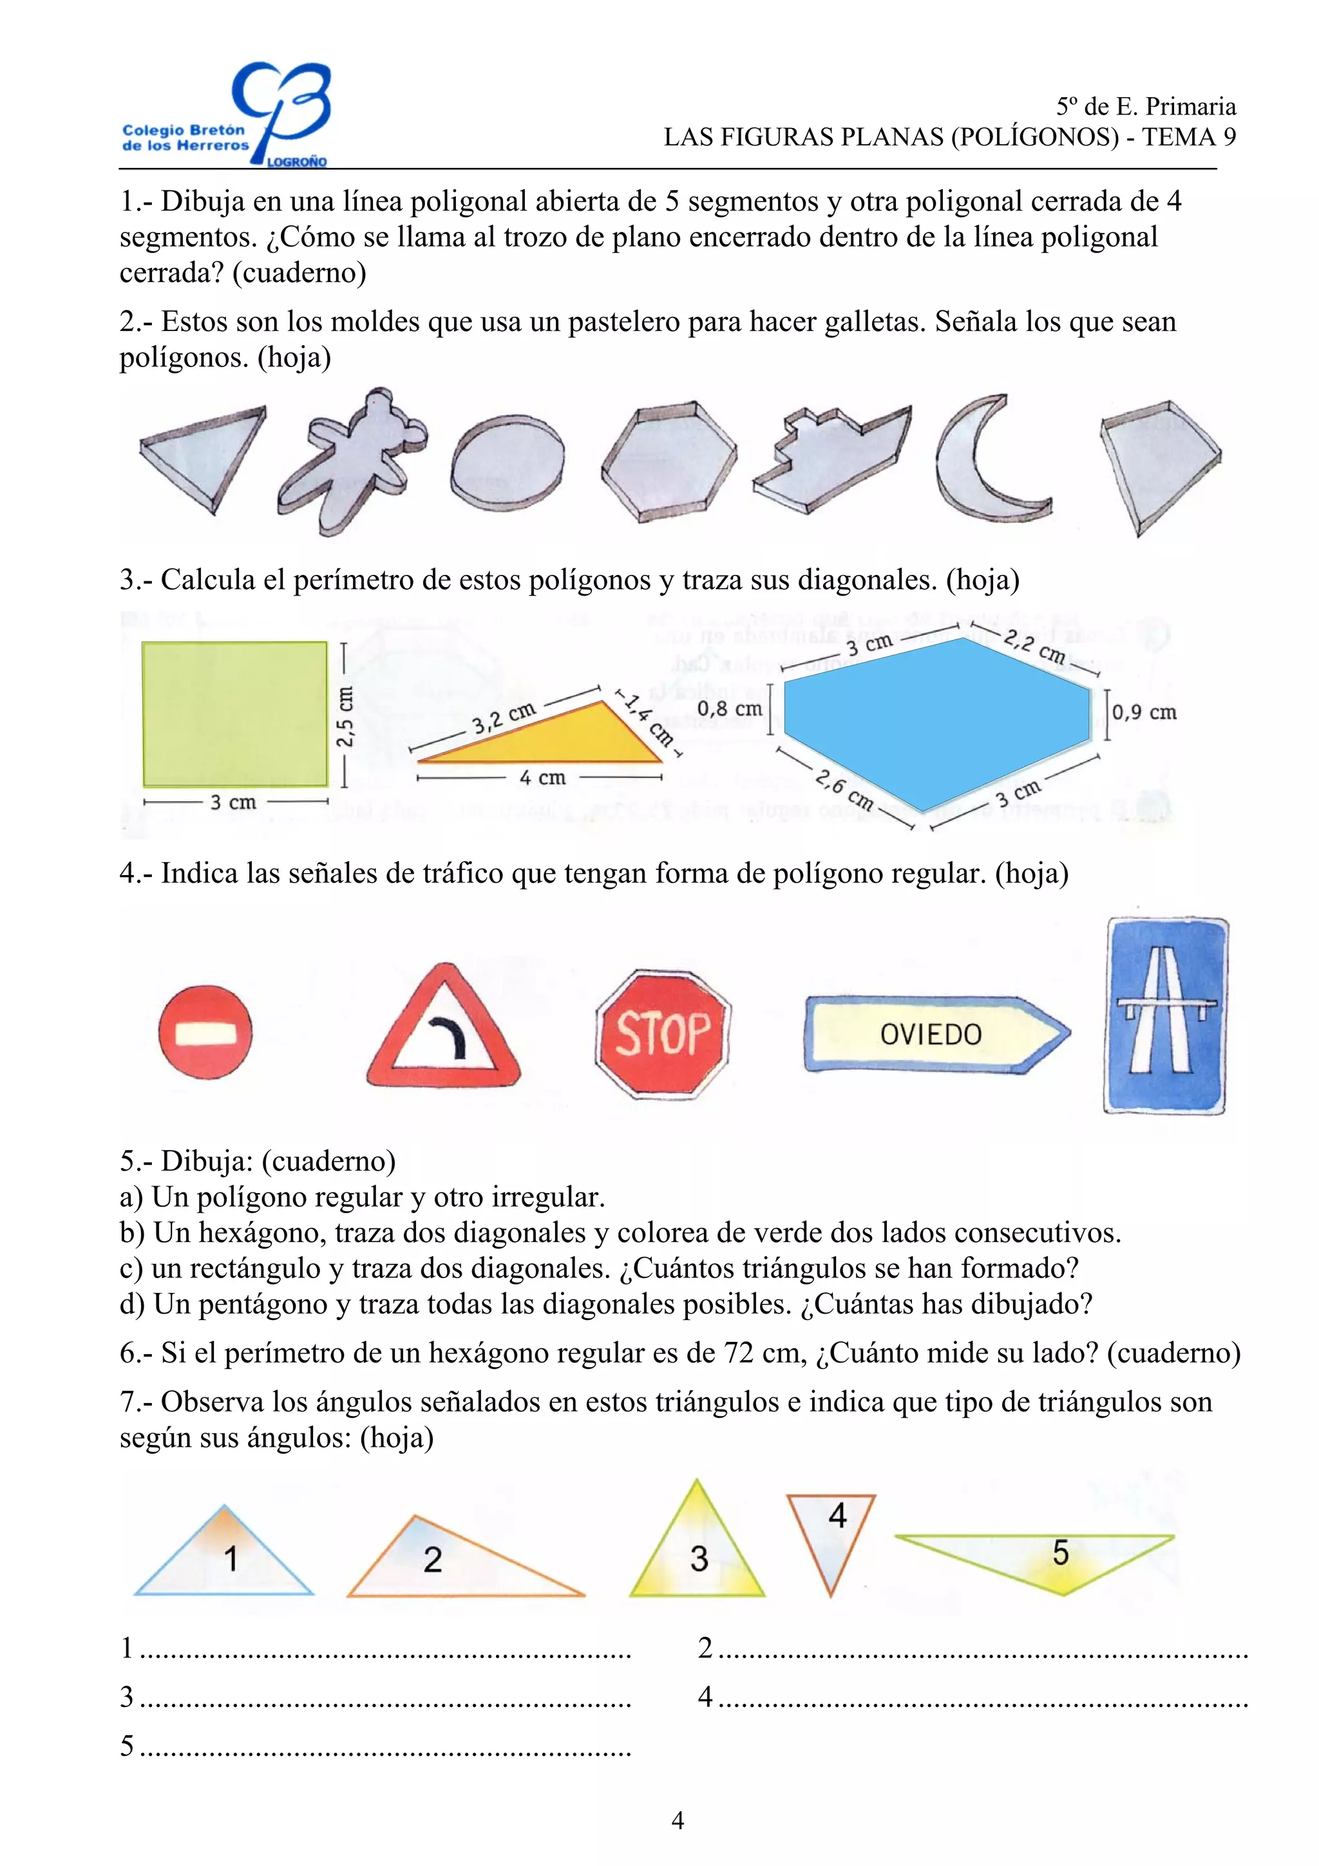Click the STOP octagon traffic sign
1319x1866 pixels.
662,1034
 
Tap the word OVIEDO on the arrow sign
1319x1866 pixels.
931,1035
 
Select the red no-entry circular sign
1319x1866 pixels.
205,1033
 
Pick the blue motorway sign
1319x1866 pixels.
1166,1016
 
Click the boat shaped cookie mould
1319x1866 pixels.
829,459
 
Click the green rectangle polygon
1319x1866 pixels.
235,714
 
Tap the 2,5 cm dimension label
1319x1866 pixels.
345,716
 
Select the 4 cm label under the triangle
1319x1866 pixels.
542,778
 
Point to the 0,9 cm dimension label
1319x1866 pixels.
1144,713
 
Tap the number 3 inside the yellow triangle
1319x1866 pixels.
699,1559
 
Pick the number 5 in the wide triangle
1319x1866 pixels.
1061,1553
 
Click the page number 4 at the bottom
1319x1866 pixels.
678,1820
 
